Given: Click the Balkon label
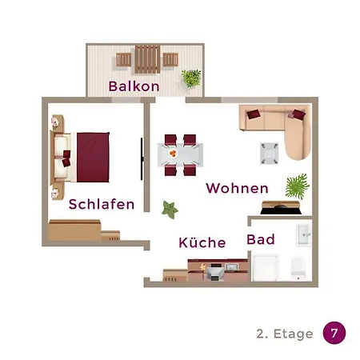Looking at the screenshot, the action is click(x=134, y=86).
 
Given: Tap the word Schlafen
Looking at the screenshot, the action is click(x=102, y=204).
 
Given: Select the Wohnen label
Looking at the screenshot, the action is click(x=237, y=188).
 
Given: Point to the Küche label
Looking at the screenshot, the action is click(x=202, y=242).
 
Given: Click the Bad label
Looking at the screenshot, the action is click(x=261, y=239).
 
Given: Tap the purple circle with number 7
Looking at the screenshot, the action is click(x=334, y=333).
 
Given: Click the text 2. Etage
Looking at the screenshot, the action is click(x=285, y=334).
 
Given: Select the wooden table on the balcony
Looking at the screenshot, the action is click(x=147, y=59).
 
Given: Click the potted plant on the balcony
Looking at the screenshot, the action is click(x=191, y=78).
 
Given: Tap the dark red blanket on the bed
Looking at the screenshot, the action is click(x=93, y=158).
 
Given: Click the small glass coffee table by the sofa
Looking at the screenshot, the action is click(x=270, y=154).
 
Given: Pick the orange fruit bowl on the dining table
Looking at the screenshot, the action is click(x=173, y=154).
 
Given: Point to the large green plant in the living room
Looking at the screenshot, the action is click(x=297, y=186).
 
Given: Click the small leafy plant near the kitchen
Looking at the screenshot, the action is click(x=170, y=210).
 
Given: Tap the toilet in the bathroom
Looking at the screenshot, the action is click(x=298, y=267).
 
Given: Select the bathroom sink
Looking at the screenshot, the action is click(x=303, y=235).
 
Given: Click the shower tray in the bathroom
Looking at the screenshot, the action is click(x=266, y=268).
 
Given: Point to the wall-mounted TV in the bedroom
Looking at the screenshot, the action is click(x=142, y=159).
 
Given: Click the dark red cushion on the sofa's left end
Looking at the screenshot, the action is click(x=254, y=114).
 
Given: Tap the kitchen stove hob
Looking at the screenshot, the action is click(x=215, y=272).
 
